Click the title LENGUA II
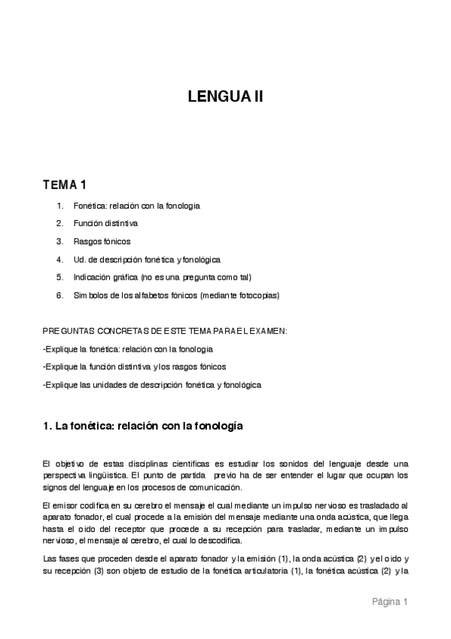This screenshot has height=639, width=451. (225, 96)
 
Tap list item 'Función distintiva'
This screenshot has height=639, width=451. (105, 223)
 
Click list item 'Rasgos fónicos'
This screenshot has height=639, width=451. (102, 241)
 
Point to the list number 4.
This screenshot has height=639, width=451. (59, 259)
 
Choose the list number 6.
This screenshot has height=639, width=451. (59, 295)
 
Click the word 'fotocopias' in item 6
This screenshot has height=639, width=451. (257, 295)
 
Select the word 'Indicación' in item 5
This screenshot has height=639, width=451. (91, 277)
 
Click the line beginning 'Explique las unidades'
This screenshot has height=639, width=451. (152, 385)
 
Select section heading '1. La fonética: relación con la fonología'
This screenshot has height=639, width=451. (143, 426)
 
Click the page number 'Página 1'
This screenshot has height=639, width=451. (389, 601)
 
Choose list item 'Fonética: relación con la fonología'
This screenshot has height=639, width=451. (136, 205)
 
